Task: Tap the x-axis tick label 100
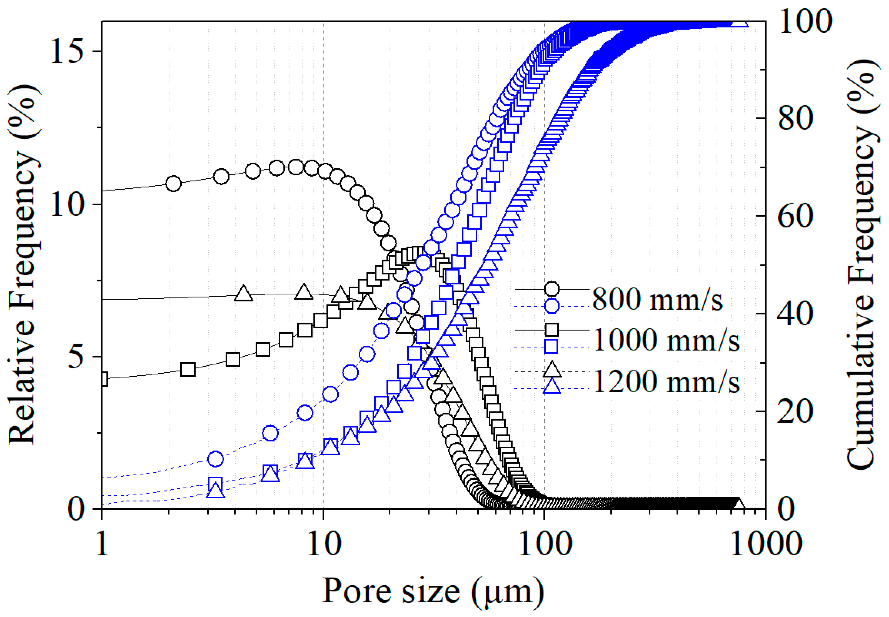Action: click(545, 544)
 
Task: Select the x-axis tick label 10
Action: click(324, 544)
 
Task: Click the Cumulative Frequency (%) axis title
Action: click(864, 265)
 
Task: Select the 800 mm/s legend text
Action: click(657, 299)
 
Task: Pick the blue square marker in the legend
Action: click(551, 346)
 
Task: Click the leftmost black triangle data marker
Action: click(244, 294)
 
